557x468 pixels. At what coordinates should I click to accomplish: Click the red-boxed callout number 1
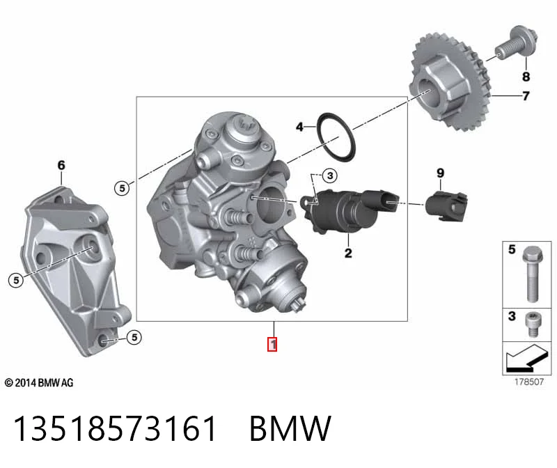272,344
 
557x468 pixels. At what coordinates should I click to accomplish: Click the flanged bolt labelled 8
517,45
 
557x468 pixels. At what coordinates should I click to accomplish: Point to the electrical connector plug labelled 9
446,206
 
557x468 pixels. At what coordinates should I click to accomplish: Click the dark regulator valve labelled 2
350,210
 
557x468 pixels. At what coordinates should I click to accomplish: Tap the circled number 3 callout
330,175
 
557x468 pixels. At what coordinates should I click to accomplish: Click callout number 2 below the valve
348,253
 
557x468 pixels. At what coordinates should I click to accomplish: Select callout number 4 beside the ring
300,127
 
